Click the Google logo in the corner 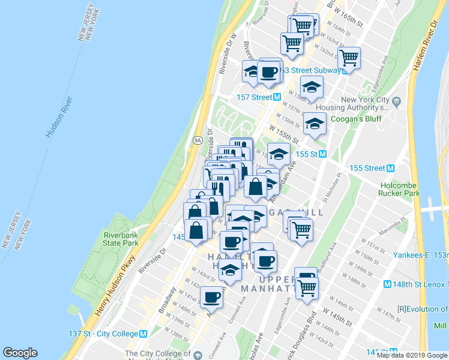[x=20, y=353]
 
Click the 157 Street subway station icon [x=277, y=97]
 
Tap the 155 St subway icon [x=322, y=154]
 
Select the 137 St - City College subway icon [x=143, y=334]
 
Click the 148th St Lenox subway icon [x=387, y=284]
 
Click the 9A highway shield [x=197, y=140]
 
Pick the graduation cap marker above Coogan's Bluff [x=312, y=88]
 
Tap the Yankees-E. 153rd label [x=420, y=255]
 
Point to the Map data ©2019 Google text [x=412, y=355]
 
